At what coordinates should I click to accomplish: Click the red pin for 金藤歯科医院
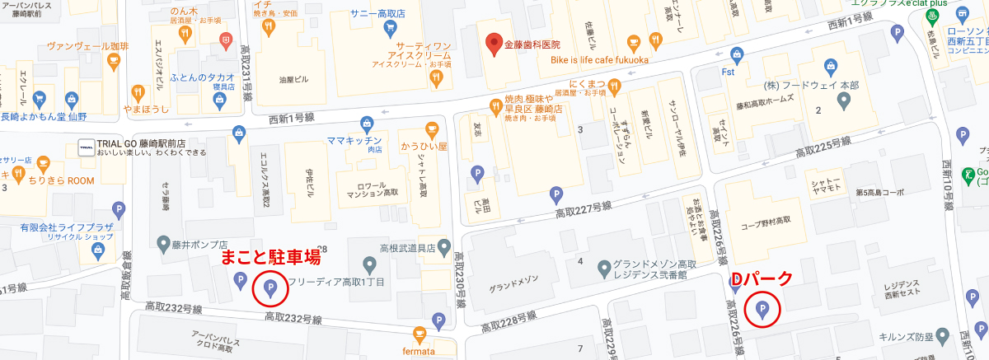pos(494,44)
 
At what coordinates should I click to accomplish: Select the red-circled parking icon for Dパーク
pos(762,310)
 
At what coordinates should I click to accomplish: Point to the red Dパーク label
pos(762,279)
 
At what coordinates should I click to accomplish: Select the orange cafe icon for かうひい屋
pos(430,129)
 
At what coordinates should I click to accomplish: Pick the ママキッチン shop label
pos(354,141)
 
